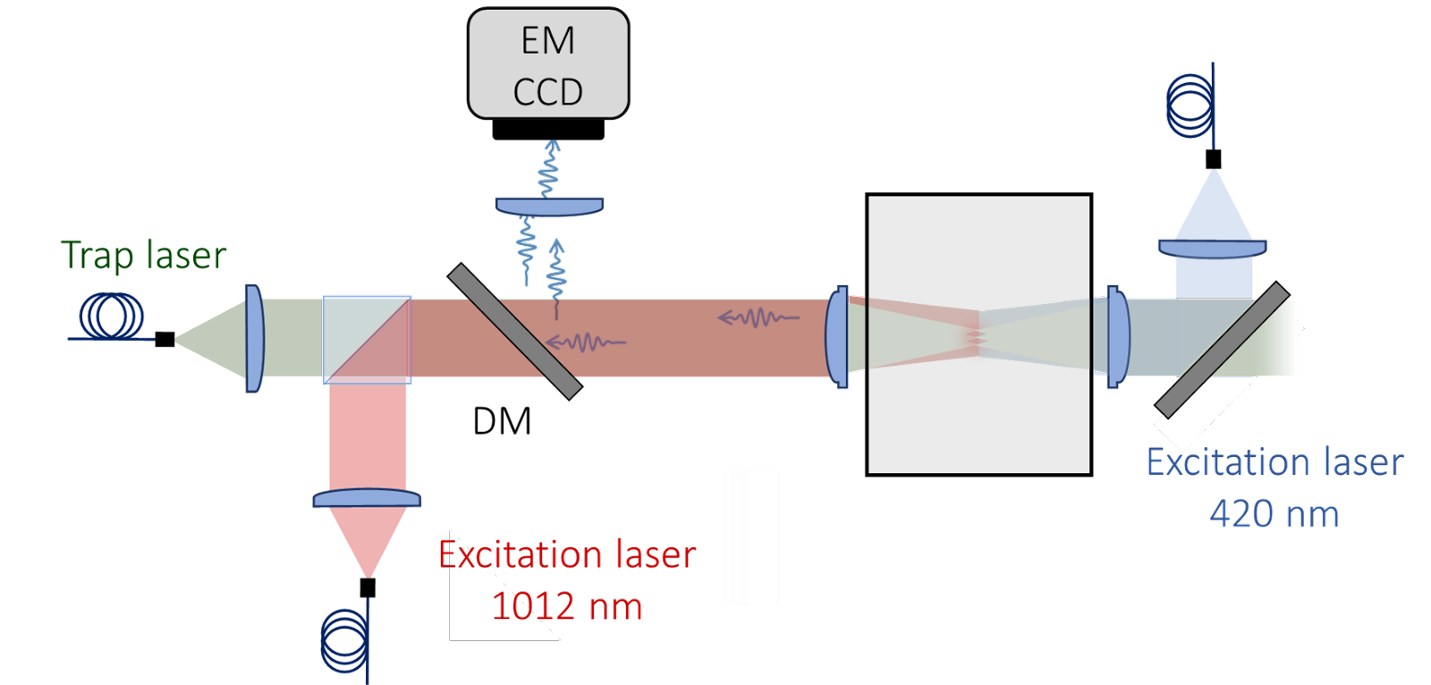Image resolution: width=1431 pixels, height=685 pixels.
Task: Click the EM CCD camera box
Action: coord(548,64)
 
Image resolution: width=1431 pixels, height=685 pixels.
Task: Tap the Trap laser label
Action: coord(144,256)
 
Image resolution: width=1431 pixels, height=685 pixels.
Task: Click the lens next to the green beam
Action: coord(254,338)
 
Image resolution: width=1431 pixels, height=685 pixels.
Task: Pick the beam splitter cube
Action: coord(367,339)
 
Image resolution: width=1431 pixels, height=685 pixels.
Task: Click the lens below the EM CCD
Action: coord(550,207)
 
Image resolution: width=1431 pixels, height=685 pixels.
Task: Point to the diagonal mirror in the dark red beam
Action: coord(514,330)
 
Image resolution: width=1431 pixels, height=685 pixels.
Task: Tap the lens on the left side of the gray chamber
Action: coord(838,336)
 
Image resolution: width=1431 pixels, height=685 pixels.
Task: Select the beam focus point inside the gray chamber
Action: coord(977,337)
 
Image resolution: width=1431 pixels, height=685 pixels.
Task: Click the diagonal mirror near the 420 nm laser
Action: coord(1223,350)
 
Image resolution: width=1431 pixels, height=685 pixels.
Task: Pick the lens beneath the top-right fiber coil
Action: coord(1213,248)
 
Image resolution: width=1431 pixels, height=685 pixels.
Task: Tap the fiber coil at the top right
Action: coord(1192,106)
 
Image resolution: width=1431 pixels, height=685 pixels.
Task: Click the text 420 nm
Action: coord(1274,514)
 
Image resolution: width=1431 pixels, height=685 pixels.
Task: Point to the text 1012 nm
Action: coord(567,606)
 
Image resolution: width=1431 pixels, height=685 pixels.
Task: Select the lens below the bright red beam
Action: coord(367,498)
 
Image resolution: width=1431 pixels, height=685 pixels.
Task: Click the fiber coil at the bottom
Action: coord(346,640)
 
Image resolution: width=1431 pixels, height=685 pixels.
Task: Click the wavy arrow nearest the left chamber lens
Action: coord(758,317)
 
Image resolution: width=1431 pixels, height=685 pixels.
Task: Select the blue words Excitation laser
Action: coord(1274,462)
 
